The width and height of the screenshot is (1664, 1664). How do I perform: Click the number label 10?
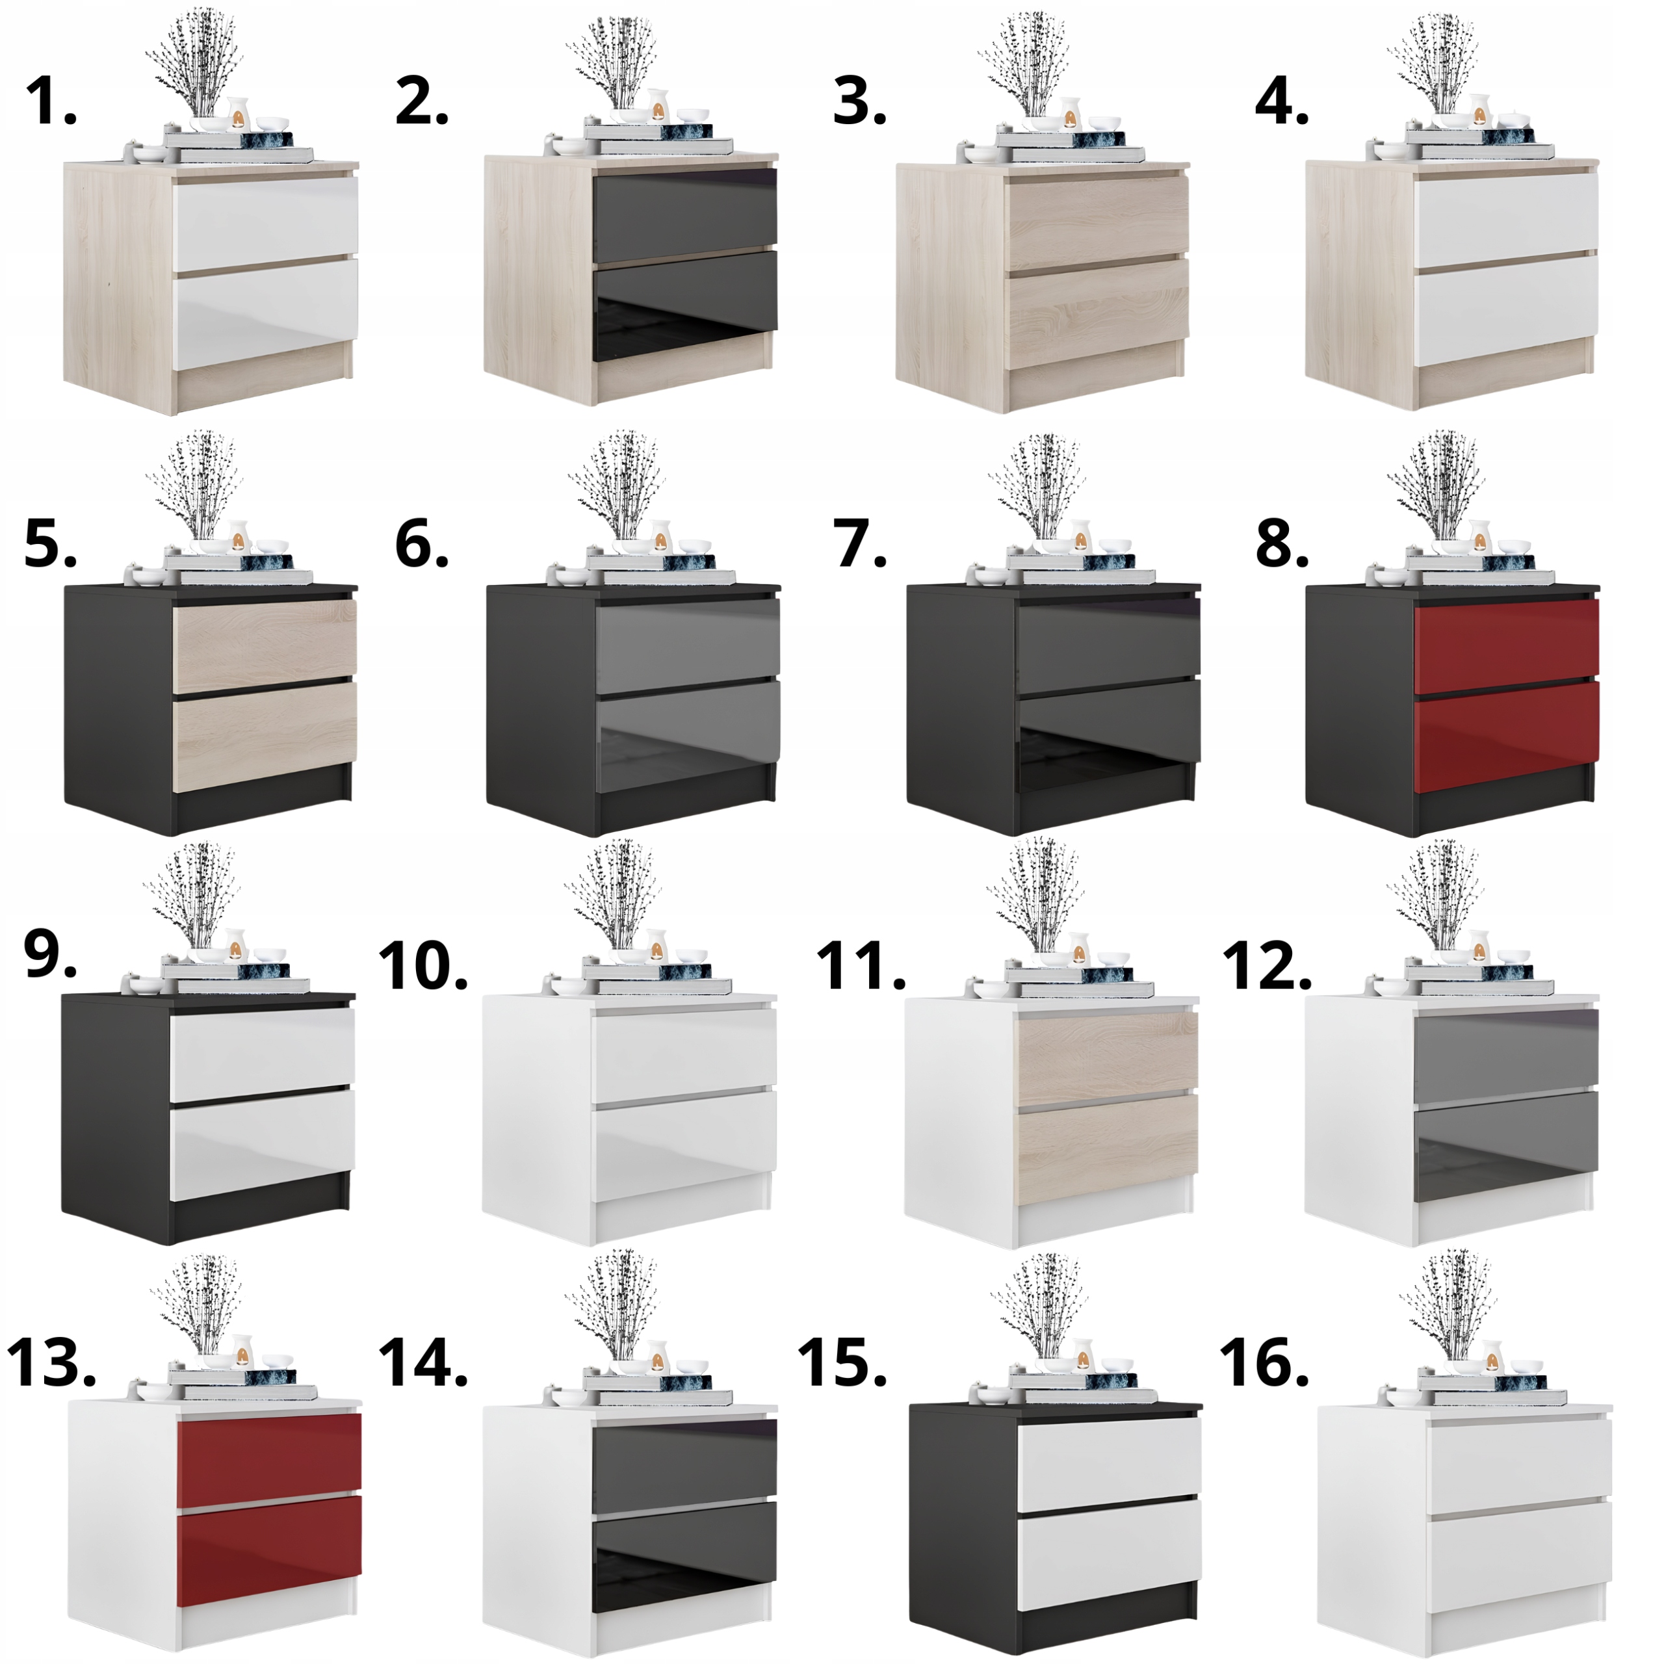click(422, 967)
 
